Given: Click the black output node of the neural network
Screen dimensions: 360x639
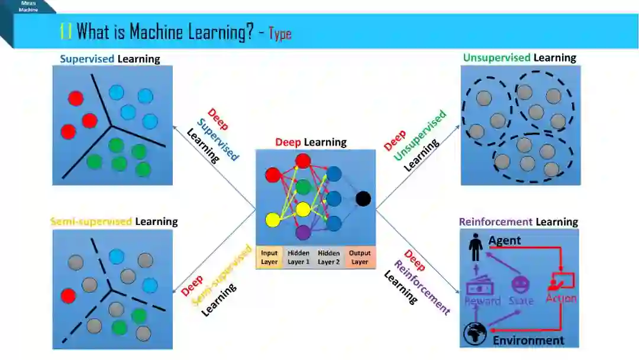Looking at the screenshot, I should point(363,199).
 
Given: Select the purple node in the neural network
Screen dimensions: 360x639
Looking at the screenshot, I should point(303,232).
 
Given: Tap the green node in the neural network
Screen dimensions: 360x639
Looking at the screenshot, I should point(303,187).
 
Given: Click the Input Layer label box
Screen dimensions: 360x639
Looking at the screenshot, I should point(269,258).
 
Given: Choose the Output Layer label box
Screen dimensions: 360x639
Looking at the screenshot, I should point(360,258).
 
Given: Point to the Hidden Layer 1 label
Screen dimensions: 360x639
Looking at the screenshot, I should point(299,258).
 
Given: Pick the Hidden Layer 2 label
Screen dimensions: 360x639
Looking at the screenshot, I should point(329,258).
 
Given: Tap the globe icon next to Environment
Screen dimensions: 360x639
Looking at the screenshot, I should point(475,334).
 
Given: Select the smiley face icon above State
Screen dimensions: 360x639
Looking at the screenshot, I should point(521,285).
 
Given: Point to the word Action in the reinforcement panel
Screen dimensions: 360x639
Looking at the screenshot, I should point(561,298).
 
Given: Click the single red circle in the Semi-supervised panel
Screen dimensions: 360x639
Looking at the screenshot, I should point(69,295).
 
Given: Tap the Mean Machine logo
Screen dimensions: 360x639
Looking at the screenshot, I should point(28,7).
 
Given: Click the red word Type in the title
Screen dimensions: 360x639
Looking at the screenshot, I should point(280,33).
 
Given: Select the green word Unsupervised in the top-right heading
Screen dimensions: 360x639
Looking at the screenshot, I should point(496,57).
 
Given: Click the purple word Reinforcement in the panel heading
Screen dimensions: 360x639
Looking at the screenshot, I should point(496,222).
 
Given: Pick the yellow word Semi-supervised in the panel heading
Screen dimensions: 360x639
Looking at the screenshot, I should point(91,222).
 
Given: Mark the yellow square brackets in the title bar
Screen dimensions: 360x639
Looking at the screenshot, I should point(66,31).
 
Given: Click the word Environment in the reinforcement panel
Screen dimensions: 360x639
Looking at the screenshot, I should point(528,340).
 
